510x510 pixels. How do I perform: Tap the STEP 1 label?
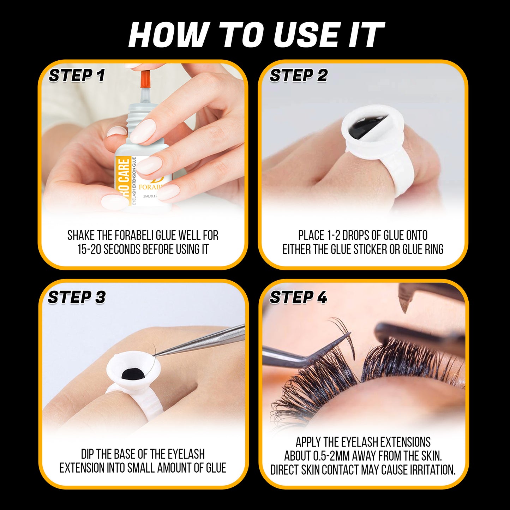(77, 76)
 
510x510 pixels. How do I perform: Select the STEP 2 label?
(299, 76)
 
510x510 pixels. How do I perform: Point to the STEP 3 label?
(77, 297)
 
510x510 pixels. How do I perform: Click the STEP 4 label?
(298, 297)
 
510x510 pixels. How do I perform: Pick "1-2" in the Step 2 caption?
(333, 235)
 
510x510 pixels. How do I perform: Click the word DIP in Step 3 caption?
(88, 454)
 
